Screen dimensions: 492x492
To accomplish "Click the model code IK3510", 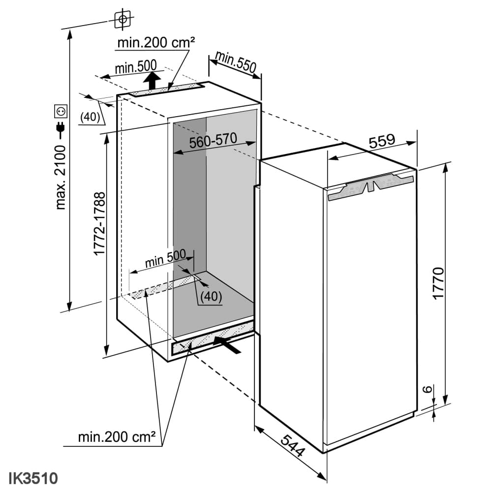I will coord(33,478).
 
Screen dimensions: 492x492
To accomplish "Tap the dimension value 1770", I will coord(439,284).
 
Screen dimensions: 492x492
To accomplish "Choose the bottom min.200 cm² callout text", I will coord(117,436).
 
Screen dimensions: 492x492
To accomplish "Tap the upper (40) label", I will coord(90,117).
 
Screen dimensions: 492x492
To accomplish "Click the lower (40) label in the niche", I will coord(211,296).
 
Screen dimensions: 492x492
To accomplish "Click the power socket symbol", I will coord(61,112).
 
